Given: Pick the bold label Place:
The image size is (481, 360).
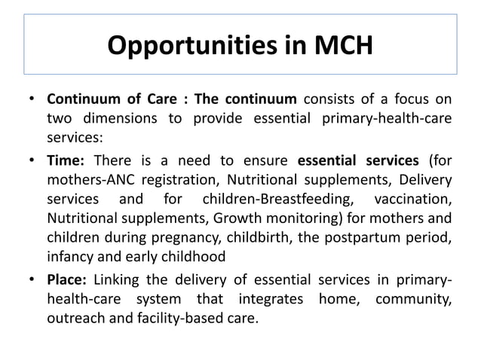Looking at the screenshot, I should [69, 282].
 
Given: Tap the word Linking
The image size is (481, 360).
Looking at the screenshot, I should [119, 282].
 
